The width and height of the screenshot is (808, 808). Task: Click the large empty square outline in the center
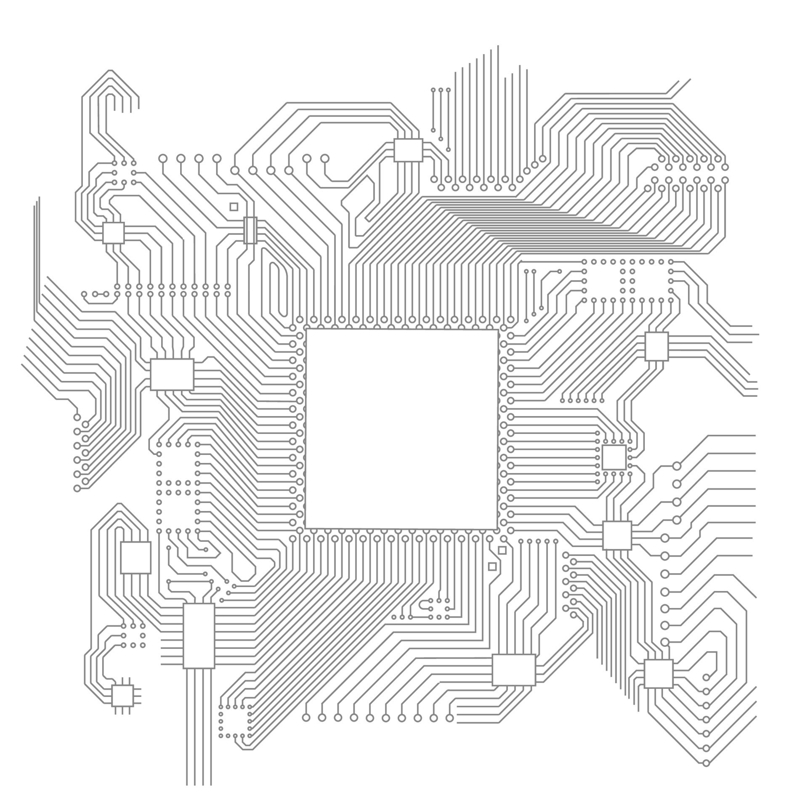pyautogui.click(x=402, y=429)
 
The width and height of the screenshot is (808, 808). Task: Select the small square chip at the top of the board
pyautogui.click(x=408, y=150)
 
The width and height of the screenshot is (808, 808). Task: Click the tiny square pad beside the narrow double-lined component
pyautogui.click(x=234, y=207)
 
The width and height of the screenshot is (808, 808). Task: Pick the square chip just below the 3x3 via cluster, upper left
pyautogui.click(x=114, y=233)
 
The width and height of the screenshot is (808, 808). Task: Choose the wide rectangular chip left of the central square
pyautogui.click(x=172, y=374)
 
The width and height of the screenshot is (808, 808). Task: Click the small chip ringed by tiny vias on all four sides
pyautogui.click(x=614, y=457)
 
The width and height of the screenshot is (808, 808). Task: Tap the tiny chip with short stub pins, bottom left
pyautogui.click(x=122, y=695)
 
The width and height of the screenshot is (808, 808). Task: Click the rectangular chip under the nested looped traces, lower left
pyautogui.click(x=136, y=557)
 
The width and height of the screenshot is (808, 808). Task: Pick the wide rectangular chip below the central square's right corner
pyautogui.click(x=513, y=670)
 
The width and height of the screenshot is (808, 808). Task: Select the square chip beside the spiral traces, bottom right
pyautogui.click(x=658, y=674)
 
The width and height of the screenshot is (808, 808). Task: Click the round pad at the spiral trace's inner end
pyautogui.click(x=706, y=677)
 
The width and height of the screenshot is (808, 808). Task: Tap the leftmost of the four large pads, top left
pyautogui.click(x=163, y=159)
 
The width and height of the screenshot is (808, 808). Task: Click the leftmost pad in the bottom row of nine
pyautogui.click(x=306, y=718)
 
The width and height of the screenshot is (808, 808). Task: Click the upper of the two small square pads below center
pyautogui.click(x=502, y=550)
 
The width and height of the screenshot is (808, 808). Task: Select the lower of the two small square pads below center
pyautogui.click(x=492, y=566)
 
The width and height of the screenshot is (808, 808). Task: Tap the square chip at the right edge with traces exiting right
pyautogui.click(x=656, y=346)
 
